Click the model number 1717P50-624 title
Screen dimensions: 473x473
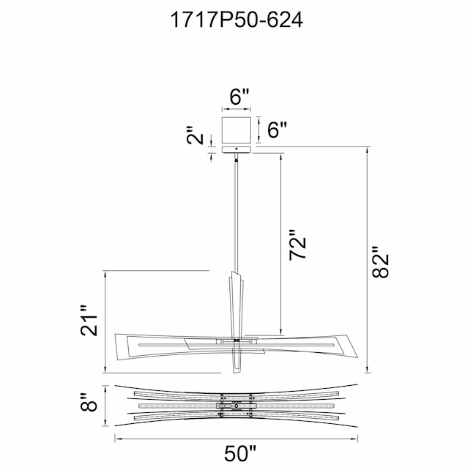tap(236, 21)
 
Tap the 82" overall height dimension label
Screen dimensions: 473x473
tap(381, 262)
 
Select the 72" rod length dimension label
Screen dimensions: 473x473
tap(298, 245)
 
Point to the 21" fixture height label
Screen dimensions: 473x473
tap(89, 321)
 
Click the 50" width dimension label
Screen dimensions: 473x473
tap(240, 453)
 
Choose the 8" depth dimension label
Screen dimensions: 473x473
tap(89, 403)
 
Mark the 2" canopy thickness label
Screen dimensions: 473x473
tap(194, 135)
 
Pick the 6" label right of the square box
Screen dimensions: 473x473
tap(277, 130)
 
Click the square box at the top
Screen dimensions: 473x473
tap(236, 130)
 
